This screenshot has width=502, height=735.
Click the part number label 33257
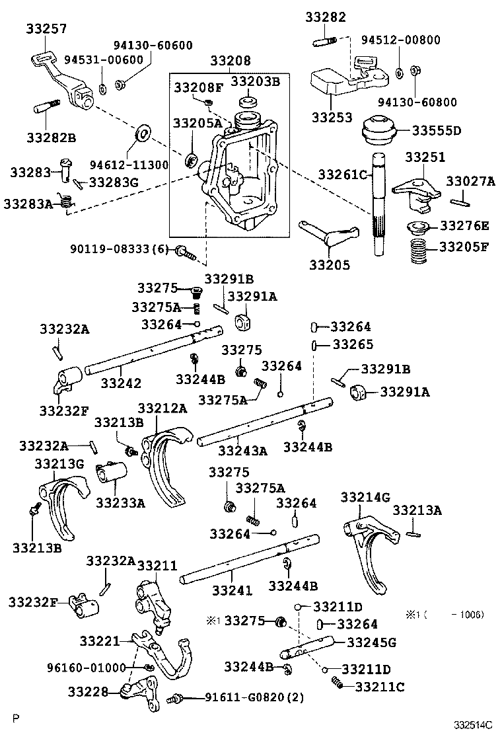[x=46, y=28]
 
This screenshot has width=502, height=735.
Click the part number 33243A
[x=242, y=451]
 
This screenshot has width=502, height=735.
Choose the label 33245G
[x=371, y=641]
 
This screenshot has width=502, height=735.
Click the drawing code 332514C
[x=472, y=724]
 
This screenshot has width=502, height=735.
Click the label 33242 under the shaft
[x=121, y=383]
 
